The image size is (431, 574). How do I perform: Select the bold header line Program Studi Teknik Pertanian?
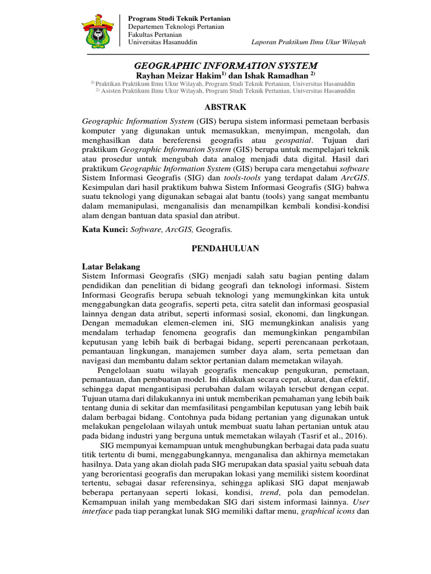pyautogui.click(x=180, y=18)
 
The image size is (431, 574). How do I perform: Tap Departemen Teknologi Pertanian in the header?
pyautogui.click(x=176, y=26)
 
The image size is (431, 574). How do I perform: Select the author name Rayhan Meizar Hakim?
pyautogui.click(x=178, y=76)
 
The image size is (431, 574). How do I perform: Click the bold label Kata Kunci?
pyautogui.click(x=104, y=229)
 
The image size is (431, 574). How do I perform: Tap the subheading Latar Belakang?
pyautogui.click(x=111, y=266)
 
